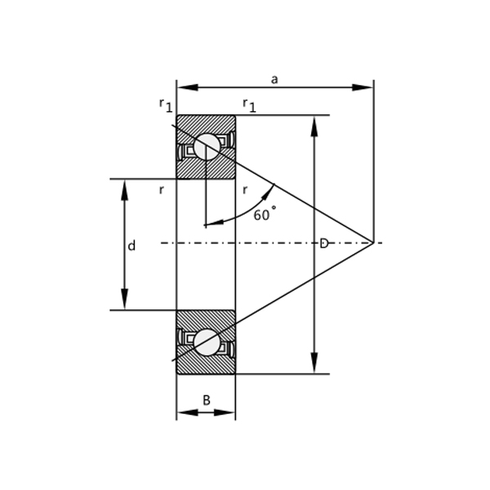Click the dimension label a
coord(274,79)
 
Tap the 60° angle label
coord(265,215)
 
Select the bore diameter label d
coord(131,246)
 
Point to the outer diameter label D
coord(323,243)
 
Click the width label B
coord(206,400)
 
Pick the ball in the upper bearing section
coord(207,147)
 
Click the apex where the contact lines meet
coord(373,243)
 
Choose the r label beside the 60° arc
coord(245,189)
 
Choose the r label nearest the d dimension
coord(162,189)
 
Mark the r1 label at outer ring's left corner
coord(165,104)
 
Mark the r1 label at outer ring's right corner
coord(249,104)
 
